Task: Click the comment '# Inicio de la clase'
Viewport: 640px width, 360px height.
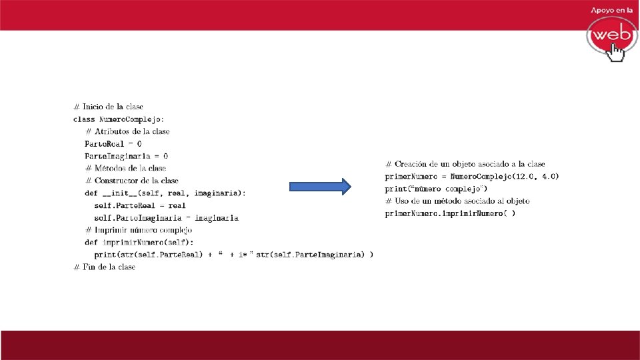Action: tap(108, 107)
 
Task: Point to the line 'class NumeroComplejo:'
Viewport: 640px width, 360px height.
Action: tap(118, 119)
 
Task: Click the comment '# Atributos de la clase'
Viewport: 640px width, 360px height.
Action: tap(127, 131)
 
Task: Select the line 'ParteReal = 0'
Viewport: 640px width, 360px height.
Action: tap(113, 143)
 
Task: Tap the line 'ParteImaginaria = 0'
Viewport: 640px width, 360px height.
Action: tap(126, 156)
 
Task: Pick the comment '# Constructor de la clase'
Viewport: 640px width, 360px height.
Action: tap(132, 181)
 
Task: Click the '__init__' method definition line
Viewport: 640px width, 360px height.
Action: tap(165, 193)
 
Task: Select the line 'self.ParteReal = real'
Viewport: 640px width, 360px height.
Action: tap(140, 205)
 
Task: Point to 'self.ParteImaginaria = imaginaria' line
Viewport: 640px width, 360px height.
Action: tap(166, 217)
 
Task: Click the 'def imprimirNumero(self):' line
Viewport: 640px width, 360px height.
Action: tap(143, 242)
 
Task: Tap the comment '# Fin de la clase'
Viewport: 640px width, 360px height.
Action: tap(104, 267)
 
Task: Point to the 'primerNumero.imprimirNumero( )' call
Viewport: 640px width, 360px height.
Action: tap(450, 213)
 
